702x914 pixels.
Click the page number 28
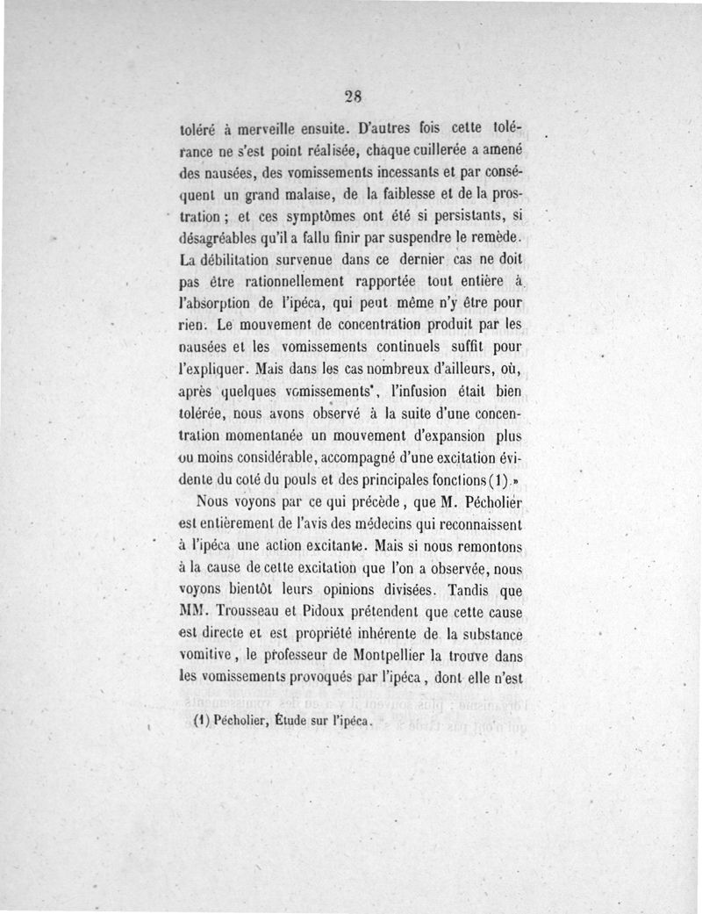[x=354, y=96]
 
